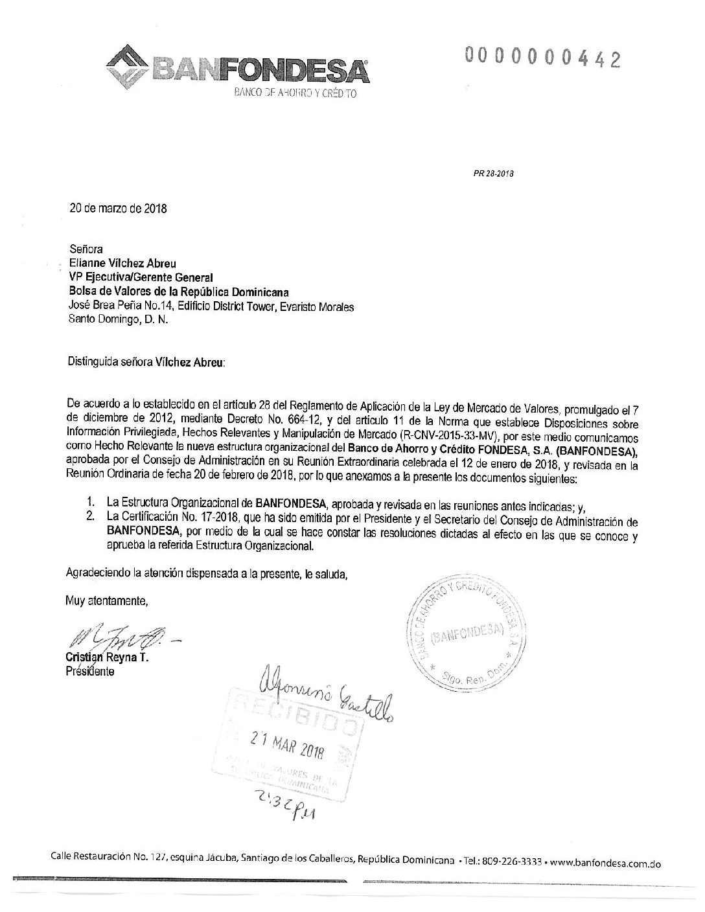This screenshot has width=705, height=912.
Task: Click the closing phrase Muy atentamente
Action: (107, 600)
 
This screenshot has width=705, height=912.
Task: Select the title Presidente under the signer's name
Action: (90, 672)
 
